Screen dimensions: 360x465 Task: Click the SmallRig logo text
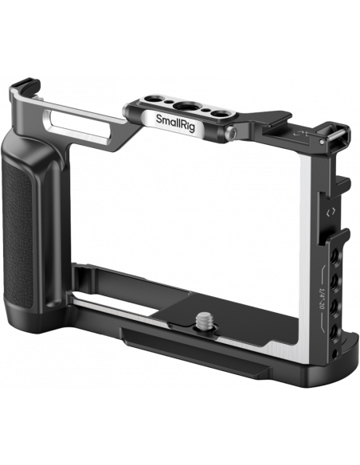click(175, 122)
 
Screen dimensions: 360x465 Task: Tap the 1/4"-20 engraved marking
click(320, 299)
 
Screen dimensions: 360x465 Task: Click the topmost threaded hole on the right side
click(335, 254)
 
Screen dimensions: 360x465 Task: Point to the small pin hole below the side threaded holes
click(335, 353)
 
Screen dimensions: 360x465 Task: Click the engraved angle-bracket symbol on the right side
click(331, 212)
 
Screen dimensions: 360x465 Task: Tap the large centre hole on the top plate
click(186, 106)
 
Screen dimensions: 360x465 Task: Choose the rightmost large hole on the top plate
click(221, 114)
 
